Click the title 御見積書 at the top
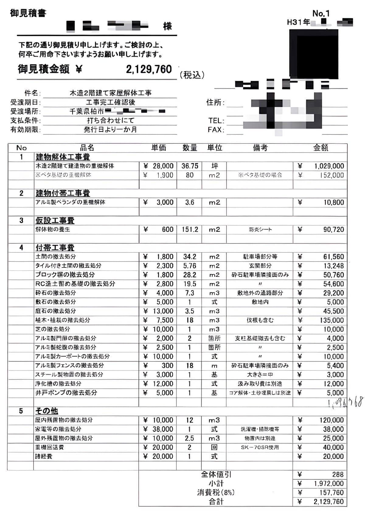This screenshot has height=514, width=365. [28, 13]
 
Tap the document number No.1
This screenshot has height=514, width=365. [321, 13]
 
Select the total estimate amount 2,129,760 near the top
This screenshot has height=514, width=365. [149, 69]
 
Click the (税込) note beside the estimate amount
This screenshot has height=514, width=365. [192, 75]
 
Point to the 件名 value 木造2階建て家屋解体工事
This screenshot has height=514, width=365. [110, 93]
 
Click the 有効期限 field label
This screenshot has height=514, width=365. [25, 129]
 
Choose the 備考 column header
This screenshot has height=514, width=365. [260, 148]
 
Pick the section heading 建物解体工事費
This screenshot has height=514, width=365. [63, 157]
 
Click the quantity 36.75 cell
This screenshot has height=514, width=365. [189, 166]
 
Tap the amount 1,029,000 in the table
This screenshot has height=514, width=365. [329, 166]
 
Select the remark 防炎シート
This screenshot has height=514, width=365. [260, 229]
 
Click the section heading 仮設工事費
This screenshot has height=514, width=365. [55, 220]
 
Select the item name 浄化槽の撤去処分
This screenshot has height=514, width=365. [58, 384]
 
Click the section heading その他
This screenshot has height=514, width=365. [47, 411]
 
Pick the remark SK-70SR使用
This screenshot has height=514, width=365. [260, 447]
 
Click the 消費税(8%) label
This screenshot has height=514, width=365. [216, 492]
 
